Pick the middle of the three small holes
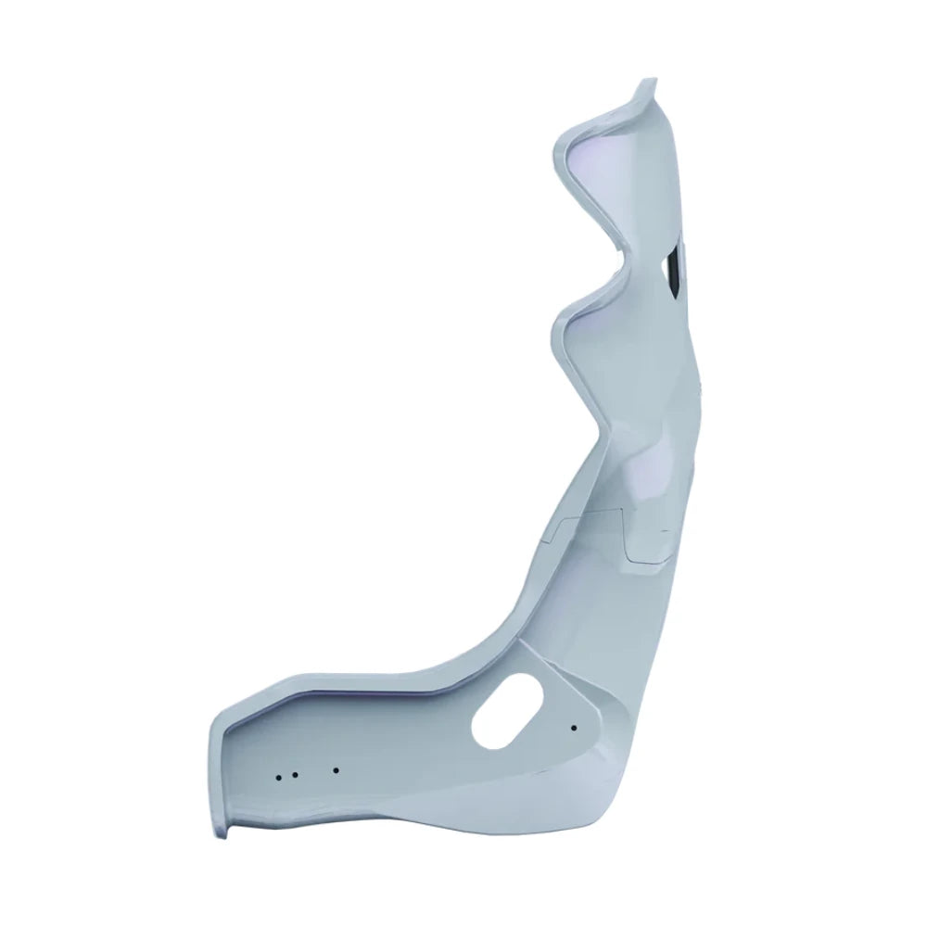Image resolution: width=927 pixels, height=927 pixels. point(293,774)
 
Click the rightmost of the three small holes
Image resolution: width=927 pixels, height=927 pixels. point(336,769)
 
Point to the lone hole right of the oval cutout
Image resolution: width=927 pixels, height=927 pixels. point(574,727)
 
